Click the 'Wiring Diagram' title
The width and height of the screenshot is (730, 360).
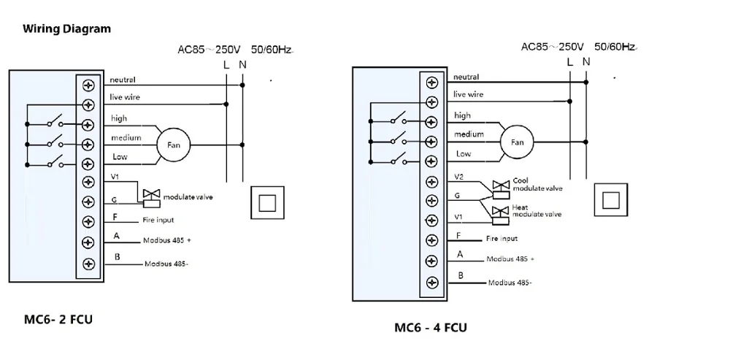pyautogui.click(x=67, y=29)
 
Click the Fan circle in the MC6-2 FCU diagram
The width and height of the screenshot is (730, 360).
pyautogui.click(x=173, y=145)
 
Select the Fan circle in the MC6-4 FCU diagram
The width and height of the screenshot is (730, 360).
pyautogui.click(x=518, y=143)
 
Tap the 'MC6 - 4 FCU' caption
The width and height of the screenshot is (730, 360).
pyautogui.click(x=431, y=327)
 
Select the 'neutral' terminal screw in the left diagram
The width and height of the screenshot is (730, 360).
pyautogui.click(x=89, y=85)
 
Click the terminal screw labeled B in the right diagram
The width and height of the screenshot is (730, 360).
pyautogui.click(x=432, y=282)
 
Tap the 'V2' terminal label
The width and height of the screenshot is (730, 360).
pyautogui.click(x=458, y=177)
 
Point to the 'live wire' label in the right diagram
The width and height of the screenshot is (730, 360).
pyautogui.click(x=468, y=94)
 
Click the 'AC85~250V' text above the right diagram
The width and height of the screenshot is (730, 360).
pyautogui.click(x=553, y=46)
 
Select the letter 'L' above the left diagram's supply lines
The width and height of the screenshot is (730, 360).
pyautogui.click(x=226, y=66)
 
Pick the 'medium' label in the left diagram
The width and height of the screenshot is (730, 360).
pyautogui.click(x=126, y=137)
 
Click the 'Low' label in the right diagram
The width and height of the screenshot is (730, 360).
pyautogui.click(x=464, y=154)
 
